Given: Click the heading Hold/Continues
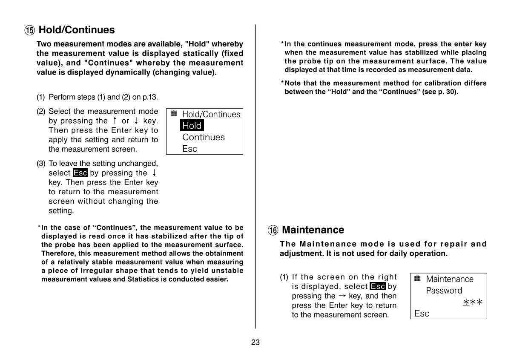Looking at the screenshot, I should click(x=77, y=30).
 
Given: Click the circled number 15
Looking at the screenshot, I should click(x=29, y=30).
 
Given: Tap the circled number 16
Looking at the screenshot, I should click(x=273, y=230).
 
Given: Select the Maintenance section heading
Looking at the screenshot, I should click(x=313, y=230).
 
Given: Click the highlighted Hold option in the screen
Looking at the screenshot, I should click(x=192, y=126).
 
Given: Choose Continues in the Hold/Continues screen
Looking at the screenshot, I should click(x=203, y=137).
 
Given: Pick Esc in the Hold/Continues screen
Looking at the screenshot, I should click(x=189, y=149).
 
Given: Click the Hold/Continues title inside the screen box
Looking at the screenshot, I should click(x=211, y=114).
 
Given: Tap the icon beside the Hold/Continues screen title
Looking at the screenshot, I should click(x=173, y=114).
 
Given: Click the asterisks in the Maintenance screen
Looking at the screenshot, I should click(x=473, y=302).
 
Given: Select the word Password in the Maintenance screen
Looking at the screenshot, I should click(x=444, y=291).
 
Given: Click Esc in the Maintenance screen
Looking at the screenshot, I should click(x=422, y=314).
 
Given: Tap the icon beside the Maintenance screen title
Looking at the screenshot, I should click(x=417, y=279).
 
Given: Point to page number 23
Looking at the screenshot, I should click(x=255, y=342).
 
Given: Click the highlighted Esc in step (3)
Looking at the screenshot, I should click(x=80, y=173).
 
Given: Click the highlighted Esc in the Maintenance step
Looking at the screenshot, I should click(x=378, y=286).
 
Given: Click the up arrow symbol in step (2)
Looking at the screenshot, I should click(x=115, y=121).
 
